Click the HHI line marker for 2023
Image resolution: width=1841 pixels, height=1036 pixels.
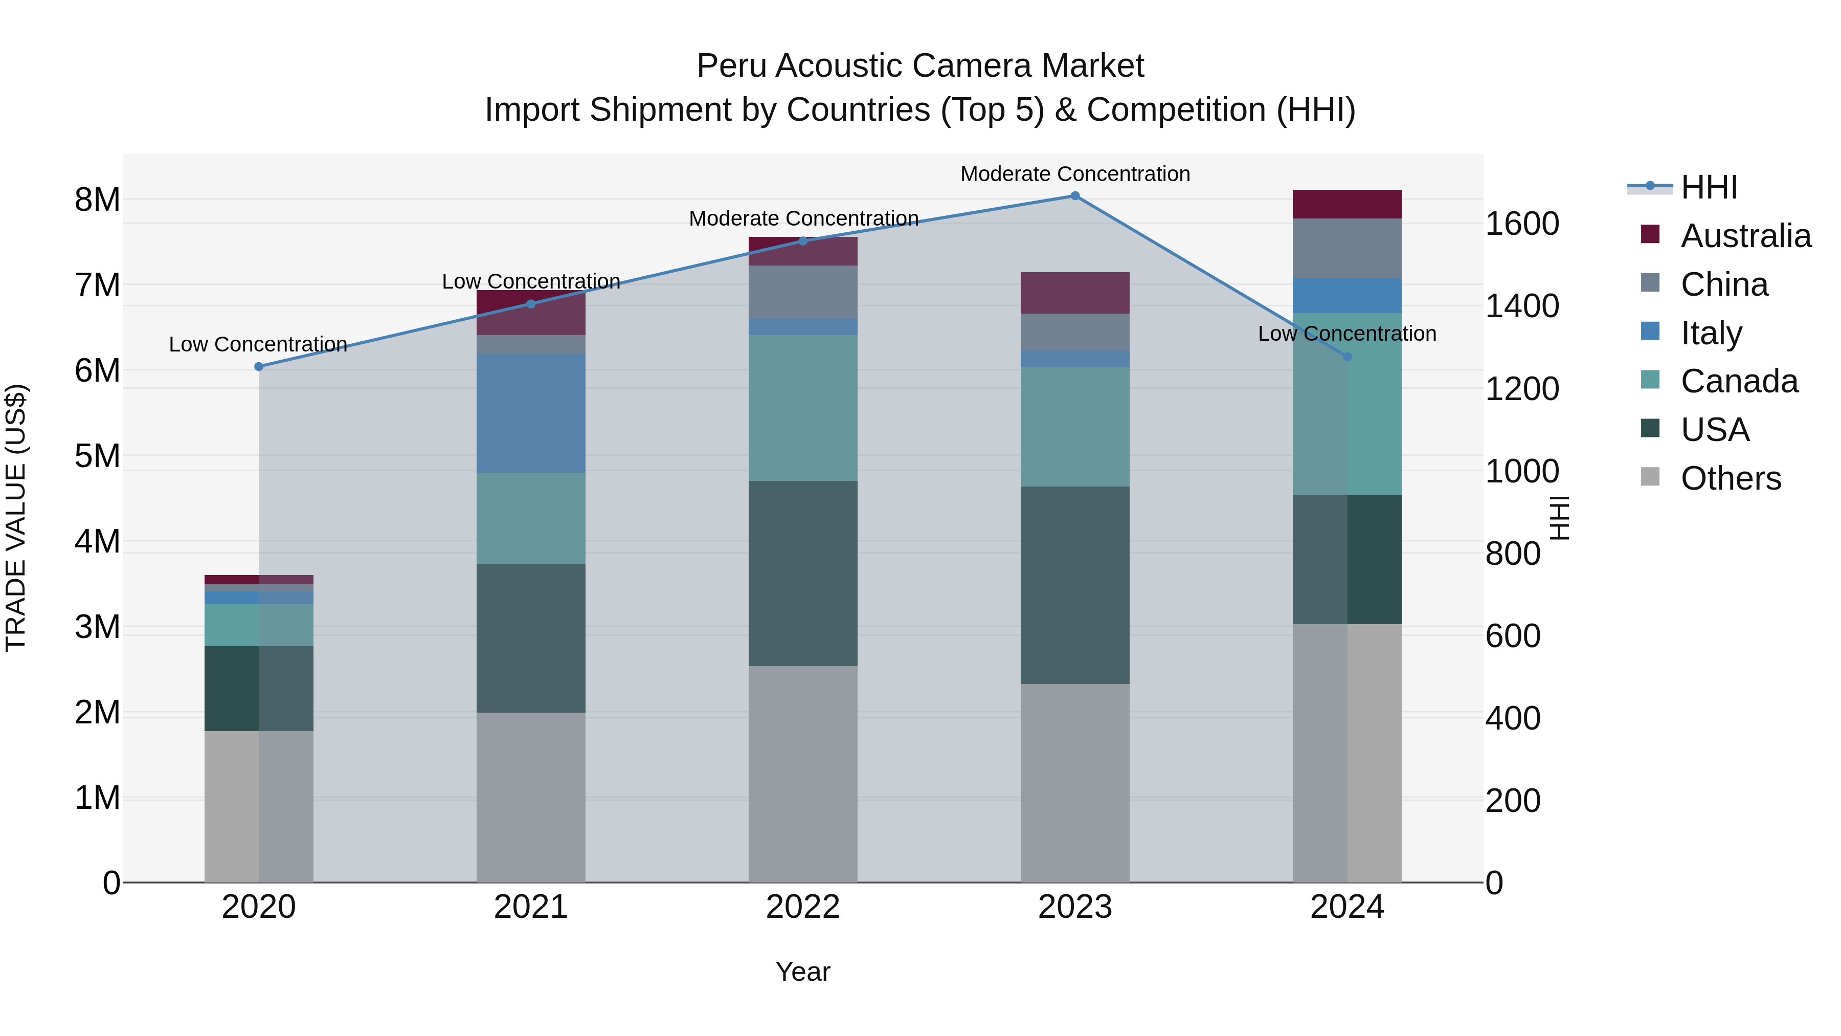1075,196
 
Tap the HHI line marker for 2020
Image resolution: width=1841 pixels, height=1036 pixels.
259,367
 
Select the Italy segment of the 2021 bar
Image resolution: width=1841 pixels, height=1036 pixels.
530,413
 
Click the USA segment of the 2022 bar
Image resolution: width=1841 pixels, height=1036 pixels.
802,574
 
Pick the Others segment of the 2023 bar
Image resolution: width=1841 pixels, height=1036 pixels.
1075,783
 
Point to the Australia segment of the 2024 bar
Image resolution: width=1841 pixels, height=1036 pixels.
1346,205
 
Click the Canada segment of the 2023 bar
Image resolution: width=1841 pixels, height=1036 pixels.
1075,427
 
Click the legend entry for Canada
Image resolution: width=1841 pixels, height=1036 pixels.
1738,381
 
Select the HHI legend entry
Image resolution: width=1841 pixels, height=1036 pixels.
1708,187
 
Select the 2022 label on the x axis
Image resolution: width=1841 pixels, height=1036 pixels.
802,907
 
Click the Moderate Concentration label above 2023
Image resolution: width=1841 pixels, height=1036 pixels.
1075,174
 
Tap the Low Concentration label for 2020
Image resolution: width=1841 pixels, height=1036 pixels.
258,345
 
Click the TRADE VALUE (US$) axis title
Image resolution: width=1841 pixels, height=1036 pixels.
16,518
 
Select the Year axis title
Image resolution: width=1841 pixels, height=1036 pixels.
802,972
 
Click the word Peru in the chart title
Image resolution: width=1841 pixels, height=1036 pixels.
732,66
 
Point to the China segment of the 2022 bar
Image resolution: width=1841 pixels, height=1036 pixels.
802,292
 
